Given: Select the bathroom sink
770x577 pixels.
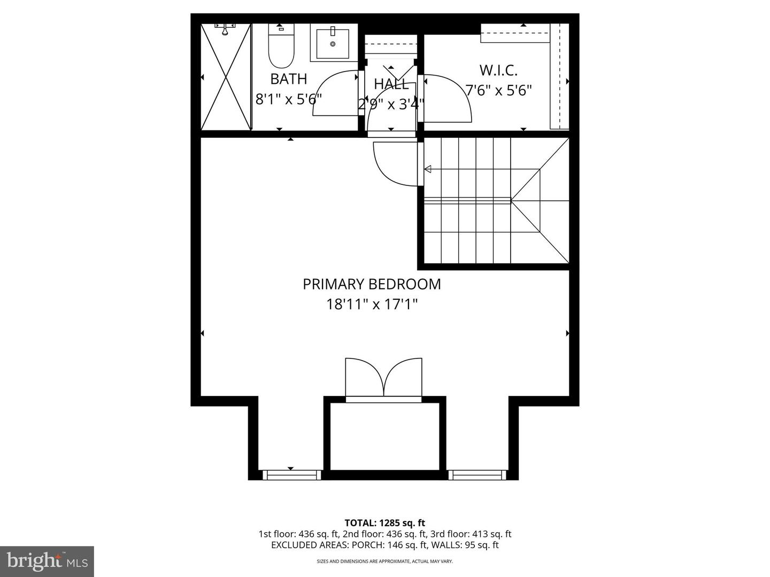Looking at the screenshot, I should click(x=333, y=43).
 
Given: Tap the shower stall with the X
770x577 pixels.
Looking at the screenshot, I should click(x=226, y=76).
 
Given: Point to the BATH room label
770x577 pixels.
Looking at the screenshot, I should click(x=288, y=79).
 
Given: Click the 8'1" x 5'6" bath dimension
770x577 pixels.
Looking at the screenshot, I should click(x=288, y=99).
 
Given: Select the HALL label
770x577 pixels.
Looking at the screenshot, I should click(x=391, y=84).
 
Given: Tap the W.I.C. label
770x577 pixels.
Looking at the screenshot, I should click(x=498, y=70).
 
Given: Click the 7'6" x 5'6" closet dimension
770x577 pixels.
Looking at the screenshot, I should click(x=498, y=90).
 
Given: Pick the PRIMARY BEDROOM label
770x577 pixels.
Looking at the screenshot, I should click(x=372, y=284).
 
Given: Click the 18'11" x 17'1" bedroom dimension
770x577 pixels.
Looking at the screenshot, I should click(x=372, y=305).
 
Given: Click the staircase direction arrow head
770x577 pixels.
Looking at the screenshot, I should click(x=428, y=169).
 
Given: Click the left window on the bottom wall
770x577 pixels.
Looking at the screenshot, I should click(x=292, y=474).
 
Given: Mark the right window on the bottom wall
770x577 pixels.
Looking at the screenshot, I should click(x=477, y=474).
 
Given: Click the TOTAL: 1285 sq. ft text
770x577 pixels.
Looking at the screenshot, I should click(x=384, y=523).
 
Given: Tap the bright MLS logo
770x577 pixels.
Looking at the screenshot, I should click(x=47, y=561).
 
